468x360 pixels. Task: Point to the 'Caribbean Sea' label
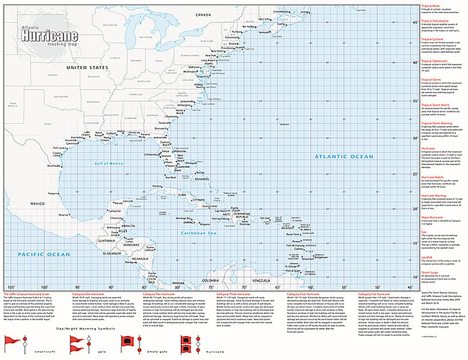coord(196,233)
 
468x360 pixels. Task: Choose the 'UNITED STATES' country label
coord(87,67)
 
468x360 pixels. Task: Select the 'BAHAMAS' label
coord(202,178)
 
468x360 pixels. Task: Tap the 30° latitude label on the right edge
coord(415,138)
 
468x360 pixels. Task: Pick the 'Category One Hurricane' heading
coord(90,293)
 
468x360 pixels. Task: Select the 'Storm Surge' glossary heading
coord(431,273)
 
